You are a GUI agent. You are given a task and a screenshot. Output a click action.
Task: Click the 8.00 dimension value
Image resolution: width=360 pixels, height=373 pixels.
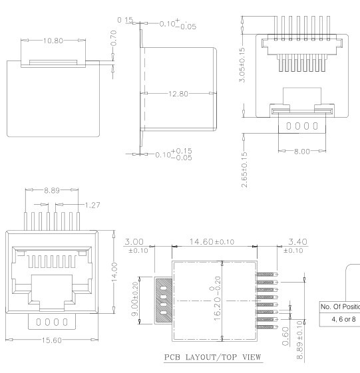click(x=303, y=152)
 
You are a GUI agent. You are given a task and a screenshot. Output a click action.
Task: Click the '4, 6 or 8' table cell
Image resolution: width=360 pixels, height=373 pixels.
click(x=339, y=318)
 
